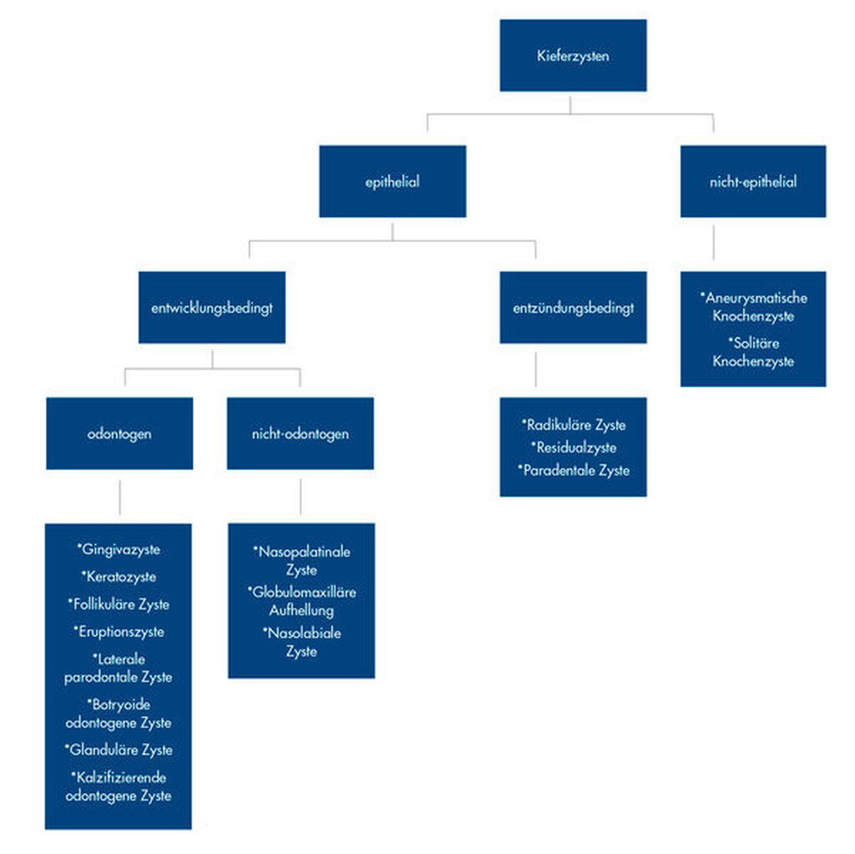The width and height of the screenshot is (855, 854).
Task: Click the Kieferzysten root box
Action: tap(573, 55)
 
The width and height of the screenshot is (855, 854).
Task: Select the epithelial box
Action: tap(392, 181)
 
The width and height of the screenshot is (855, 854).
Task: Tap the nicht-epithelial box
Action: tap(753, 181)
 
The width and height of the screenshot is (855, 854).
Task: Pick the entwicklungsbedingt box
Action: tap(212, 307)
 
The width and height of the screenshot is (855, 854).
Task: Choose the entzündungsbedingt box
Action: tap(573, 307)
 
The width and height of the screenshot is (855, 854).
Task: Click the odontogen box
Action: tap(119, 433)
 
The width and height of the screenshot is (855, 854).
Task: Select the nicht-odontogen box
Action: tap(301, 433)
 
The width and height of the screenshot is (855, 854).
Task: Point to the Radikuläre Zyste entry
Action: tap(574, 425)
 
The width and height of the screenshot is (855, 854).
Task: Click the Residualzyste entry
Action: tap(574, 447)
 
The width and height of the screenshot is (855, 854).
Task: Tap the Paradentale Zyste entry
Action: tap(574, 470)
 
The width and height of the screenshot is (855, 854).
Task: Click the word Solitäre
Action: tap(754, 343)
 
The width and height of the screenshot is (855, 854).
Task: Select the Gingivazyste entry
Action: tap(119, 549)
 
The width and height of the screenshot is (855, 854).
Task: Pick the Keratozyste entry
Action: tap(119, 576)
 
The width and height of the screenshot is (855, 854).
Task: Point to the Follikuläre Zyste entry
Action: tap(119, 604)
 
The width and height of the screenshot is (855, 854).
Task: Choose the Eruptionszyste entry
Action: tap(119, 631)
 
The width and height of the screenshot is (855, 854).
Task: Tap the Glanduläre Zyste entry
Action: tap(119, 750)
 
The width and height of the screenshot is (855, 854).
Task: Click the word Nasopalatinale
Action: tap(301, 551)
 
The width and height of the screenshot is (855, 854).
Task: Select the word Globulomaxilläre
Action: tap(301, 592)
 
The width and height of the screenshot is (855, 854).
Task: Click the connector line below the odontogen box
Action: tap(120, 498)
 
